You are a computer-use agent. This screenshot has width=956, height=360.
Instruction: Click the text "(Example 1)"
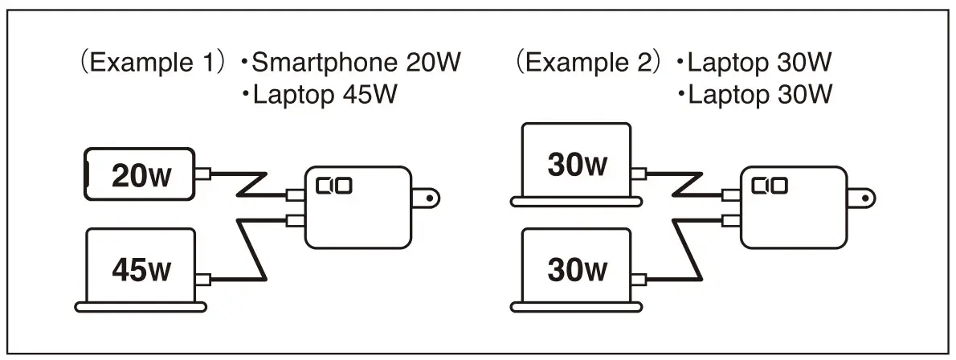coord(149,63)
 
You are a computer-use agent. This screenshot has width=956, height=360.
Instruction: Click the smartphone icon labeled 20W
coord(140,174)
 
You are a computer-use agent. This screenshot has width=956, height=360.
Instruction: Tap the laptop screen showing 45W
coord(141,266)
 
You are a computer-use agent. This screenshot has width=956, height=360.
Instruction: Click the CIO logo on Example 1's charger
coord(333,187)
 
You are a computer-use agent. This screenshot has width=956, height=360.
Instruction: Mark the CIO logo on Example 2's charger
coord(769,186)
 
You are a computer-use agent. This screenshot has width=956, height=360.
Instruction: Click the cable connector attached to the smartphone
coord(204,173)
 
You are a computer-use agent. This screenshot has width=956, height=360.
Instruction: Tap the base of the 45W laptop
coord(141,306)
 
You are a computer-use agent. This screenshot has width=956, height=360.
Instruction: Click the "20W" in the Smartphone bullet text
coord(432,63)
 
